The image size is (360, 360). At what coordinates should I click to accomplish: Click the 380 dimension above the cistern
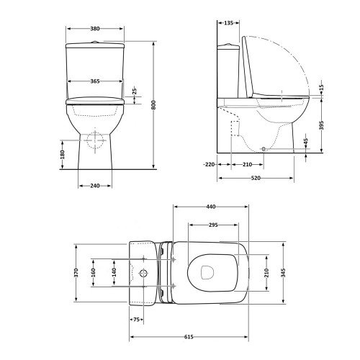pyautogui.click(x=95, y=29)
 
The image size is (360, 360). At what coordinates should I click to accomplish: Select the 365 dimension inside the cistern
pyautogui.click(x=95, y=81)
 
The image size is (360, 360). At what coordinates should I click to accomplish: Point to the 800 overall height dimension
pyautogui.click(x=154, y=105)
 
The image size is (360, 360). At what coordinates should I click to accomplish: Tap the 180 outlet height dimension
pyautogui.click(x=63, y=155)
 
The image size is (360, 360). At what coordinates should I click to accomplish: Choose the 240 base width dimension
pyautogui.click(x=95, y=186)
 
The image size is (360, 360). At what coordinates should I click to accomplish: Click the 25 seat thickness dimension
pyautogui.click(x=135, y=91)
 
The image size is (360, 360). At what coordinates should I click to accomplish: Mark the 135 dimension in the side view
pyautogui.click(x=228, y=23)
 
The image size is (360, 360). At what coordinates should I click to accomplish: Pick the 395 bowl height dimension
pyautogui.click(x=322, y=125)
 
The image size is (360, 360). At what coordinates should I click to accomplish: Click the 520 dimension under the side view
pyautogui.click(x=256, y=178)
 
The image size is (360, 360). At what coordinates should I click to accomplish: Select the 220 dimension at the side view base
pyautogui.click(x=210, y=165)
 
